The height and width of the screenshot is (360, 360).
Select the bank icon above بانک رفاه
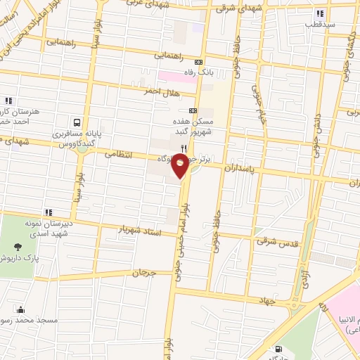click(199, 60)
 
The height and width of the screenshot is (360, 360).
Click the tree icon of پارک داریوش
click(17, 247)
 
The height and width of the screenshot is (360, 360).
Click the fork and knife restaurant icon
click(184, 148)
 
